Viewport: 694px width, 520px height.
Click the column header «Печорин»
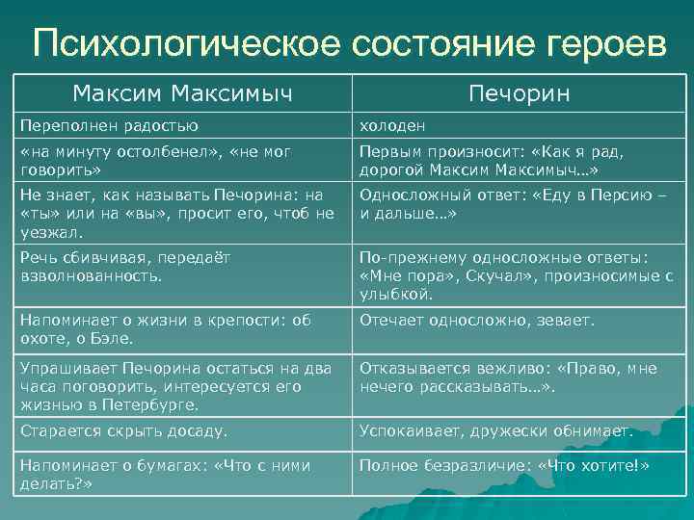(519, 94)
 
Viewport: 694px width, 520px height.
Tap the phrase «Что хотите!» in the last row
(600, 466)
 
